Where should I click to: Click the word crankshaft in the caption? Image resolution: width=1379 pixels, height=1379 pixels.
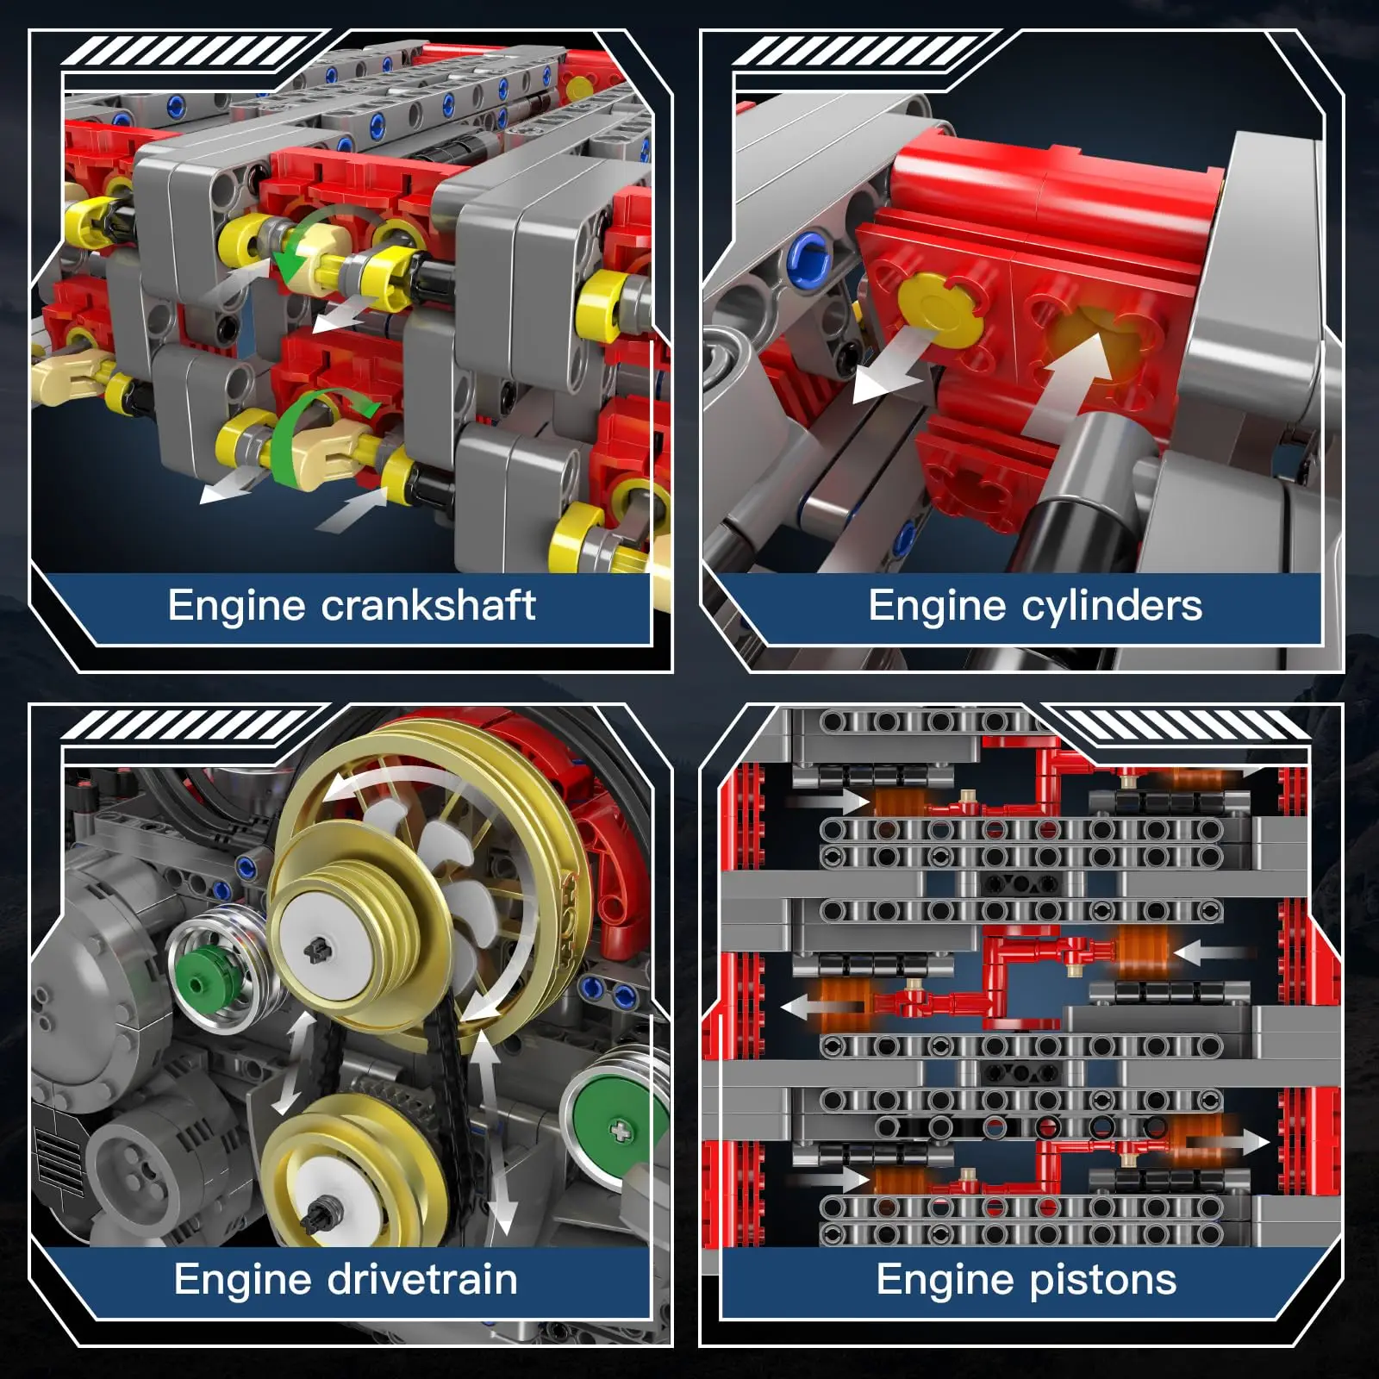(x=428, y=605)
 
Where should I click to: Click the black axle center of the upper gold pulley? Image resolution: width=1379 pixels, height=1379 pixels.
(x=315, y=950)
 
